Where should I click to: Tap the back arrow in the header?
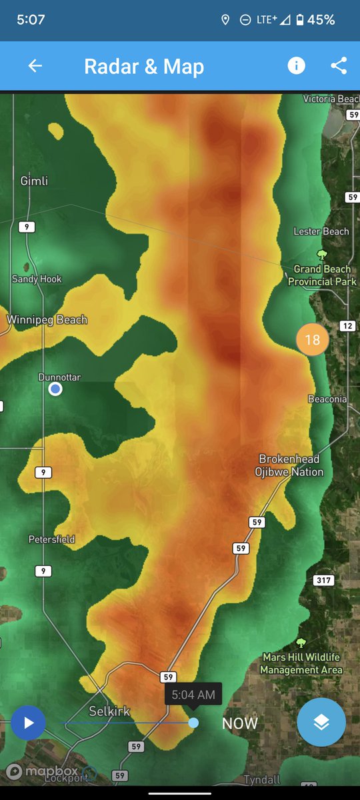point(35,65)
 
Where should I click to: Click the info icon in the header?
point(296,65)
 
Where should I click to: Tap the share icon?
point(339,65)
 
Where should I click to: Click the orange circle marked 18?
point(312,340)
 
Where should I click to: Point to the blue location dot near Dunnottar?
point(55,389)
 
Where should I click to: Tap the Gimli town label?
point(34,181)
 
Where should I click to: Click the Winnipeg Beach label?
point(47,320)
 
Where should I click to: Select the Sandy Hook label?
point(37,279)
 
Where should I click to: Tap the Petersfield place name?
point(52,539)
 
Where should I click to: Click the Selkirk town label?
point(109,711)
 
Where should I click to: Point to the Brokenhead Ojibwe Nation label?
point(289,465)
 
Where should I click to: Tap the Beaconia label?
point(327,399)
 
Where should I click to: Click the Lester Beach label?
point(321,231)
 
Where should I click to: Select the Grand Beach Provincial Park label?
point(322,275)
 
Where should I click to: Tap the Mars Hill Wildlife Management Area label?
point(301,663)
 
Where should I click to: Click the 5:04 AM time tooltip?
point(193,695)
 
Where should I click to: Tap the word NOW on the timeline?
point(239,723)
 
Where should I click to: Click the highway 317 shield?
point(323,580)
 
